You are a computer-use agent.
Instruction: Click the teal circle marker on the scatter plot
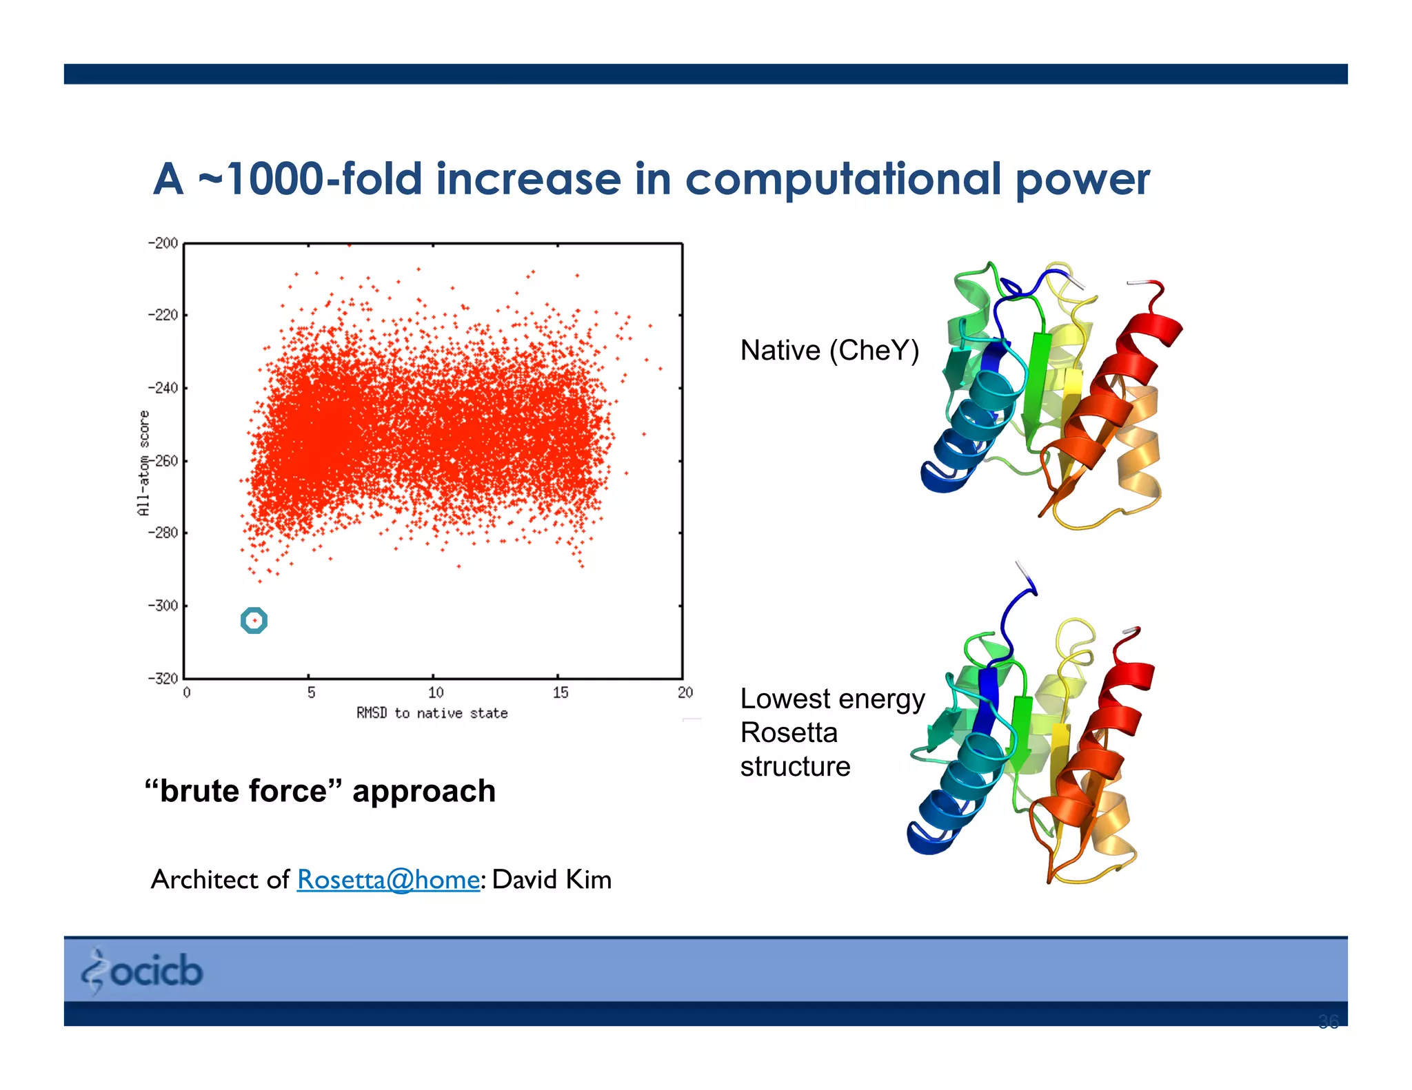[x=254, y=620]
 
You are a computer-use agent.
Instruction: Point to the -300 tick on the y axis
[x=163, y=606]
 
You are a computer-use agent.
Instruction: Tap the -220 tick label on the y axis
[x=163, y=315]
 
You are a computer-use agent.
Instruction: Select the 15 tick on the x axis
[x=560, y=692]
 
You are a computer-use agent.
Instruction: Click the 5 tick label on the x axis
[x=311, y=692]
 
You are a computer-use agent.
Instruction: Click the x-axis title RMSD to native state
[x=432, y=713]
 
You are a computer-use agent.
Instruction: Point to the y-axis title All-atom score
[x=143, y=462]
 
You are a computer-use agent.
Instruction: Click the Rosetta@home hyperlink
[x=388, y=879]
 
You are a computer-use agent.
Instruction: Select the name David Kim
[x=552, y=879]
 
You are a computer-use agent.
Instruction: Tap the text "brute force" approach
[x=321, y=790]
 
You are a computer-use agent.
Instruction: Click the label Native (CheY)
[x=829, y=350]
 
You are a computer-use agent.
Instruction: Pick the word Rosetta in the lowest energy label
[x=789, y=732]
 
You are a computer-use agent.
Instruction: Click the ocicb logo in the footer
[x=143, y=970]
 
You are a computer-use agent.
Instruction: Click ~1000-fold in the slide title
[x=309, y=178]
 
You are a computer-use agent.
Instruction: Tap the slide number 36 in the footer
[x=1328, y=1021]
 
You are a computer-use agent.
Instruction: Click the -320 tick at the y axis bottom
[x=163, y=678]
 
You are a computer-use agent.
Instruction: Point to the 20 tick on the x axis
[x=685, y=692]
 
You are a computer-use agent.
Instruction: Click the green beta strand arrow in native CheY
[x=1034, y=386]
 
